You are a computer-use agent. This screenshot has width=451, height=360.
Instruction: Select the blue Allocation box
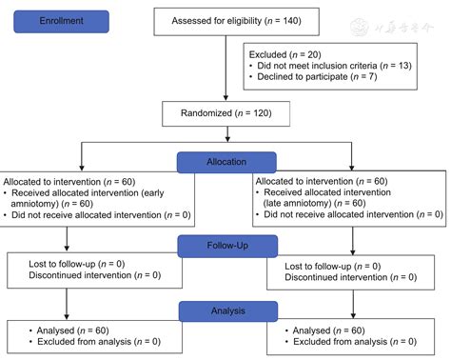(225, 163)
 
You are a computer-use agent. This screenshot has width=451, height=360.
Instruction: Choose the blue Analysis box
(225, 310)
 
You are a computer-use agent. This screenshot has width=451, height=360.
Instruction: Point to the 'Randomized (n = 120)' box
(225, 111)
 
